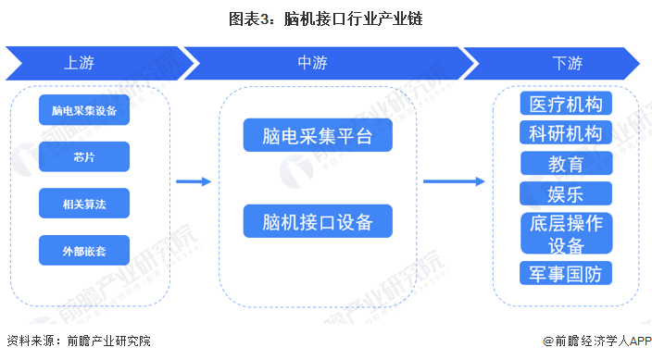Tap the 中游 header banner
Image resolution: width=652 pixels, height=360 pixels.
[315, 63]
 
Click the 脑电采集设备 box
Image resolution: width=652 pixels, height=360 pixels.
[84, 111]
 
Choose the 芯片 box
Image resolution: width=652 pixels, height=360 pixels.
[84, 156]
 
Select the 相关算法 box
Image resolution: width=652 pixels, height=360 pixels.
[84, 203]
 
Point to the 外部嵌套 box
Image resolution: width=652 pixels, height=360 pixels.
[84, 250]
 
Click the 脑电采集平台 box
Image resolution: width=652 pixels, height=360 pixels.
[318, 136]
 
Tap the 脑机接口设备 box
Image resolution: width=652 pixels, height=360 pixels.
[318, 222]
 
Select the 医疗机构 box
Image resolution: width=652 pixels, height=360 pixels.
[566, 104]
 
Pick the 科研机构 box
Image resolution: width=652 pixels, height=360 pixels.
[566, 133]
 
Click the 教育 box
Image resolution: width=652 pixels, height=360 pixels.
[566, 164]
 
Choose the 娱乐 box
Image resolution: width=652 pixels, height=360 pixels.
[566, 193]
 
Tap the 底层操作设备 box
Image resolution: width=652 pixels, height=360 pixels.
[566, 233]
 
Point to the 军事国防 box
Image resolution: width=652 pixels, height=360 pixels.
[566, 273]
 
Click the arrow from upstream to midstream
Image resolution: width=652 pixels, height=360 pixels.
[194, 181]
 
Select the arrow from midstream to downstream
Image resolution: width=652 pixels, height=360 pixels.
[454, 181]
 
